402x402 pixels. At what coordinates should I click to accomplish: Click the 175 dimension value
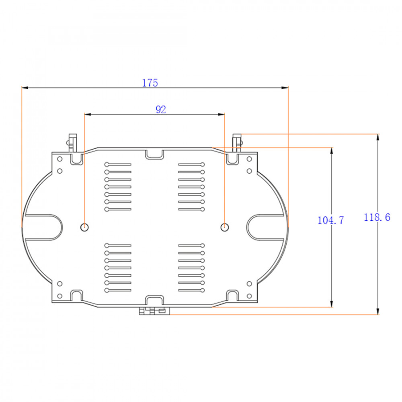pyautogui.click(x=150, y=83)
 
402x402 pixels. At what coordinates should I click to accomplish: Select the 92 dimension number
pyautogui.click(x=161, y=109)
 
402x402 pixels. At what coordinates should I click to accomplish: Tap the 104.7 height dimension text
pyautogui.click(x=330, y=220)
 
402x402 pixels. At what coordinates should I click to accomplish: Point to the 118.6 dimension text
pyautogui.click(x=377, y=217)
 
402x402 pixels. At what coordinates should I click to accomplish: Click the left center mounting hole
pyautogui.click(x=84, y=227)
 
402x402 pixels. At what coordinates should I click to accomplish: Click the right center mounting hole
pyautogui.click(x=225, y=227)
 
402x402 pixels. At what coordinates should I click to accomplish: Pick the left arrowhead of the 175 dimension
pyautogui.click(x=25, y=88)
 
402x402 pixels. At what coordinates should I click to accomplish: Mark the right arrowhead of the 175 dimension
pyautogui.click(x=285, y=88)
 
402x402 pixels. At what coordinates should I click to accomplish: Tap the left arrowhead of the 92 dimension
pyautogui.click(x=88, y=114)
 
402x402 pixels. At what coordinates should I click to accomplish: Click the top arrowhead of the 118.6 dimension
pyautogui.click(x=377, y=137)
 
